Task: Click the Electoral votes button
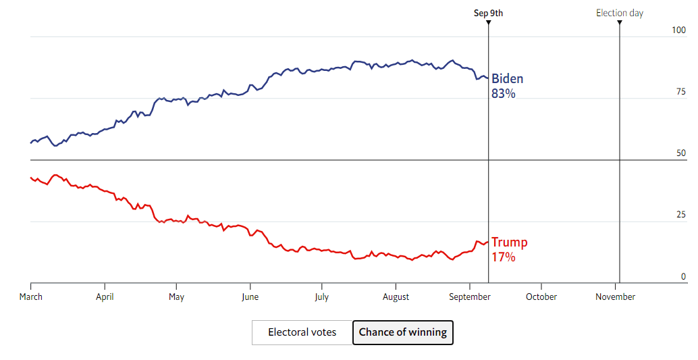302,332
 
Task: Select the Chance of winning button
403,332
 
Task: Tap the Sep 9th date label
488,13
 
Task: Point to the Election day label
619,13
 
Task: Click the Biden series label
507,79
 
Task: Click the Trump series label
510,242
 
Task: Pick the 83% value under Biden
504,95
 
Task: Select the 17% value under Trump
504,257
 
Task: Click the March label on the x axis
31,297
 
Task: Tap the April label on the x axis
105,297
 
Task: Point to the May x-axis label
176,297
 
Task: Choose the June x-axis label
250,297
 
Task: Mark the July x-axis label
321,297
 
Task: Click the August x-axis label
396,297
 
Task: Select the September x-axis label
470,297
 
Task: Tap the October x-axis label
541,297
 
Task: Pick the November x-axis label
615,297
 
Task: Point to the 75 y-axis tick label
680,93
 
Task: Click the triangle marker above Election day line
619,23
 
